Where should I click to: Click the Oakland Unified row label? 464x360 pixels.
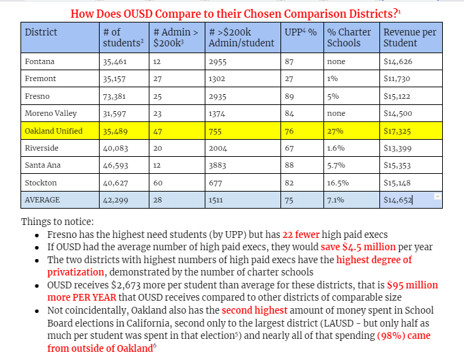point(53,131)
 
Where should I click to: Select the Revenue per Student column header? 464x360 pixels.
point(409,37)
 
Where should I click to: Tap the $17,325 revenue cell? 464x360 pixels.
point(397,131)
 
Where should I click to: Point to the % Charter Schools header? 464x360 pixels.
point(349,37)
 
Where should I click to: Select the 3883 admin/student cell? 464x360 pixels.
point(218,165)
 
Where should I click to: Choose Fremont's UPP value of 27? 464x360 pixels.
point(289,79)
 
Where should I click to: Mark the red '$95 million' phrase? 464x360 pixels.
point(412,285)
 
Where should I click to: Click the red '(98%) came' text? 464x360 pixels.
point(403,335)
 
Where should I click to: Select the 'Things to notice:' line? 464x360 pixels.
point(58,222)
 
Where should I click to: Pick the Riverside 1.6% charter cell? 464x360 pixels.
point(336,148)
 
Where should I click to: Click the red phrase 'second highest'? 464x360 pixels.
point(253,310)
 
